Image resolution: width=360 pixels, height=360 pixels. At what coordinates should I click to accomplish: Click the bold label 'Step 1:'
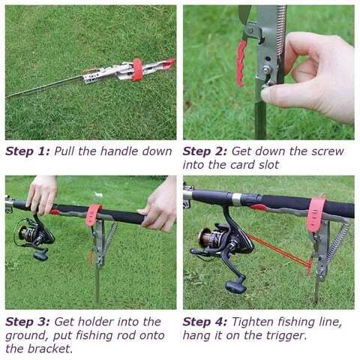[27, 151]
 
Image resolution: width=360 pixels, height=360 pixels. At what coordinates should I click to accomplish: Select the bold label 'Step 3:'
[27, 322]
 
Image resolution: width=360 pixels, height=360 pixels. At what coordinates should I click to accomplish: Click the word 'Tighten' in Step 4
[253, 322]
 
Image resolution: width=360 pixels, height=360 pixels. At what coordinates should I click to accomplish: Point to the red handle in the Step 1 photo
[137, 68]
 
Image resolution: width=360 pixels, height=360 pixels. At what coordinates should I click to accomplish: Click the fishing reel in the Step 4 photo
[217, 244]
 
